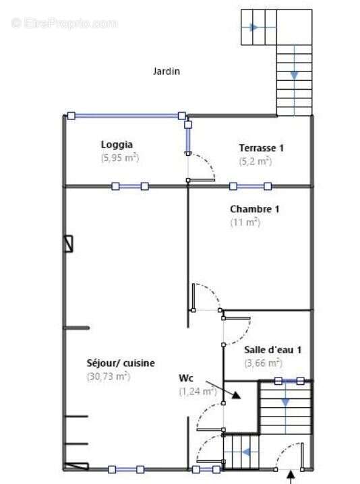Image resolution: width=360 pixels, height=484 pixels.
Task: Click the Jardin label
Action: coord(167,71)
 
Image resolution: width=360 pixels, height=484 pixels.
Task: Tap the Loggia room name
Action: coord(117,144)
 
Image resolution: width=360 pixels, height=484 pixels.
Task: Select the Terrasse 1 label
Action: coord(261,148)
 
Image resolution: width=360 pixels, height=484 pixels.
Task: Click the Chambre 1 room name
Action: coord(255,209)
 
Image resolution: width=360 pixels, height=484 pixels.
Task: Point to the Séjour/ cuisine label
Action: coord(121,363)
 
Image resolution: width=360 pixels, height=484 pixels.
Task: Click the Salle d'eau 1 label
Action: coord(272,350)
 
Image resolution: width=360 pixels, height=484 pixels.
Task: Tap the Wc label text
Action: coord(186,377)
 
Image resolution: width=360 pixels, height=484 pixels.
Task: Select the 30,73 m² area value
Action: coord(109,377)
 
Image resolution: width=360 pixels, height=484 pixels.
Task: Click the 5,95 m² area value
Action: coord(120,158)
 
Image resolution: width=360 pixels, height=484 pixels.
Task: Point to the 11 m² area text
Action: coord(245,222)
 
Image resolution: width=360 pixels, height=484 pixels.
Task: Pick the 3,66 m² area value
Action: coord(263,363)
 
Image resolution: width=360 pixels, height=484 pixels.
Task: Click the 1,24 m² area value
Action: coord(198,392)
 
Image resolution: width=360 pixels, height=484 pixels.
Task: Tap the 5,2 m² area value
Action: coord(256,161)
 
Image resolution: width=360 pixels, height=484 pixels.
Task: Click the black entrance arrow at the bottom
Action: coord(291,477)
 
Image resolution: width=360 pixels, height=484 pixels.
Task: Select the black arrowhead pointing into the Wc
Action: coord(236,395)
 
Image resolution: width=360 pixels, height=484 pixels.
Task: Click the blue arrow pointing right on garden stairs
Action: coord(253,27)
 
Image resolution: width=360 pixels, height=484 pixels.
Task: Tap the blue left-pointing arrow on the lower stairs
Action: coord(246,452)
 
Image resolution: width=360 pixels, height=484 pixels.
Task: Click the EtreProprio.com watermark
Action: coord(64,24)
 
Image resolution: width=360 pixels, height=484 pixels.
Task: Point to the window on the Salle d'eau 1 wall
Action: coord(289,381)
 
